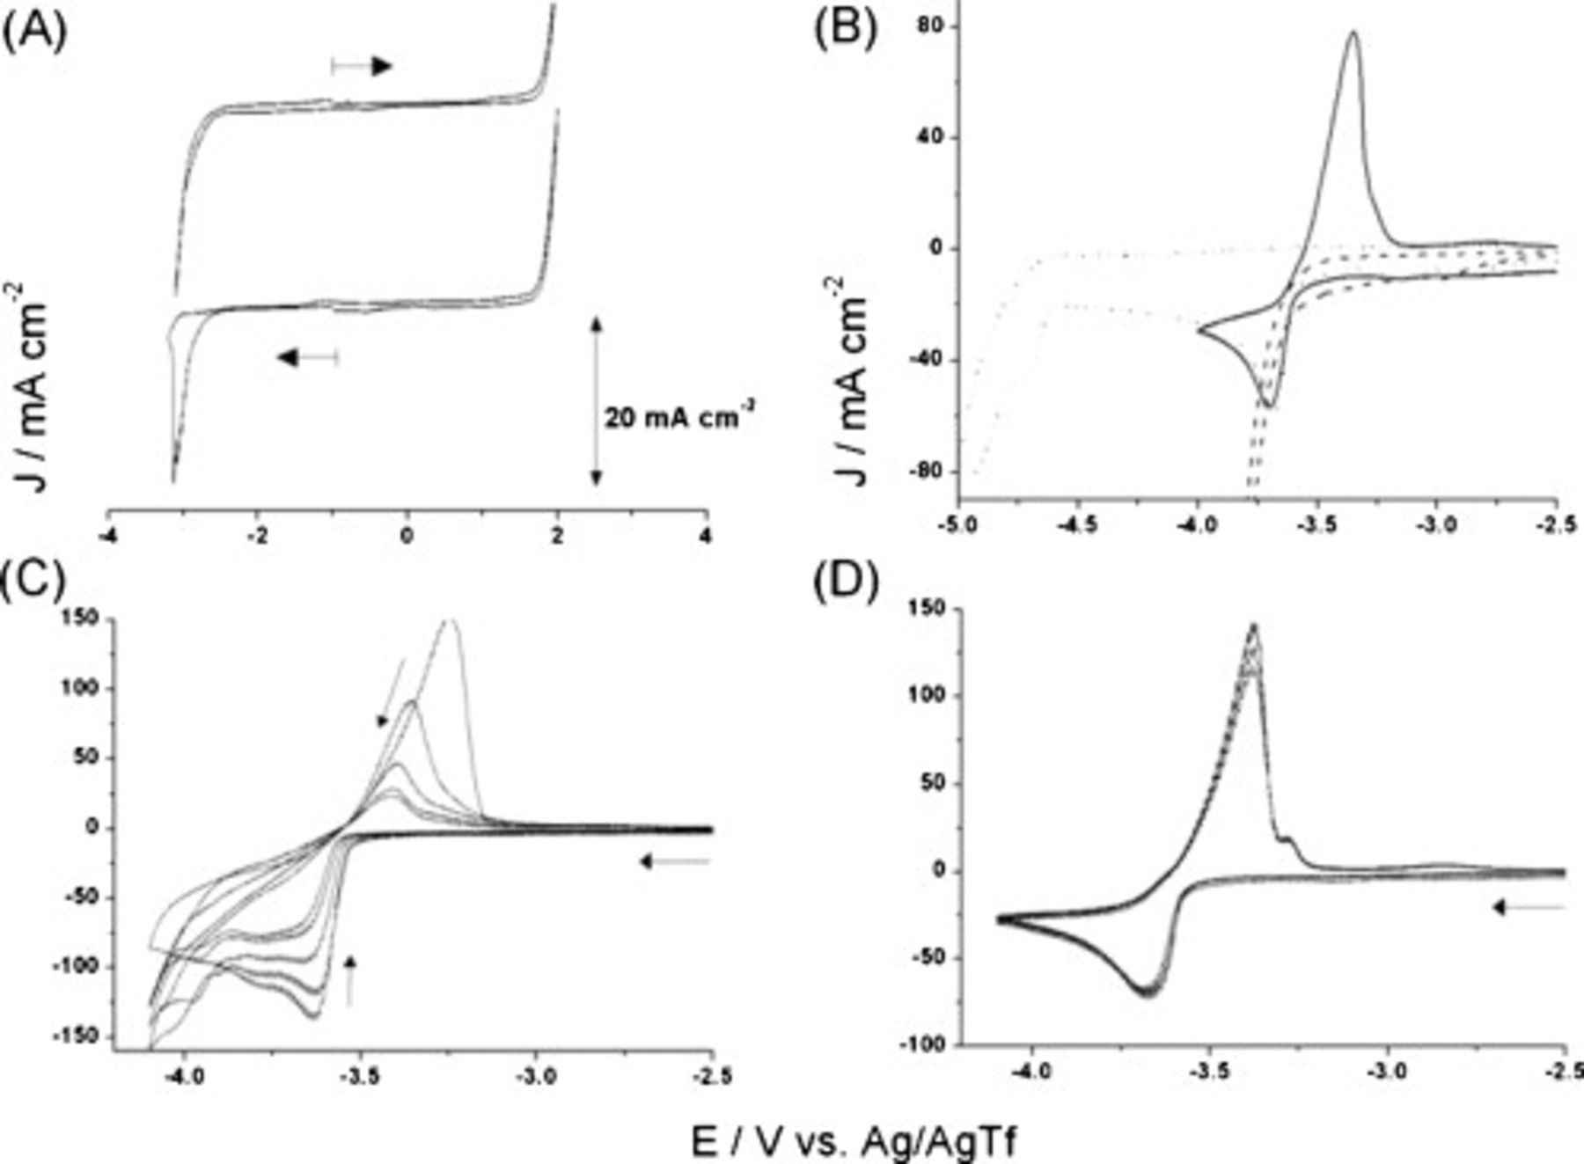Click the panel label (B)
point(844,33)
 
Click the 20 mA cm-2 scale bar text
point(678,416)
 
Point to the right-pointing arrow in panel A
point(362,66)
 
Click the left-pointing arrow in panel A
point(307,356)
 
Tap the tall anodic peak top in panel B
point(1353,33)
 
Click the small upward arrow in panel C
point(350,981)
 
